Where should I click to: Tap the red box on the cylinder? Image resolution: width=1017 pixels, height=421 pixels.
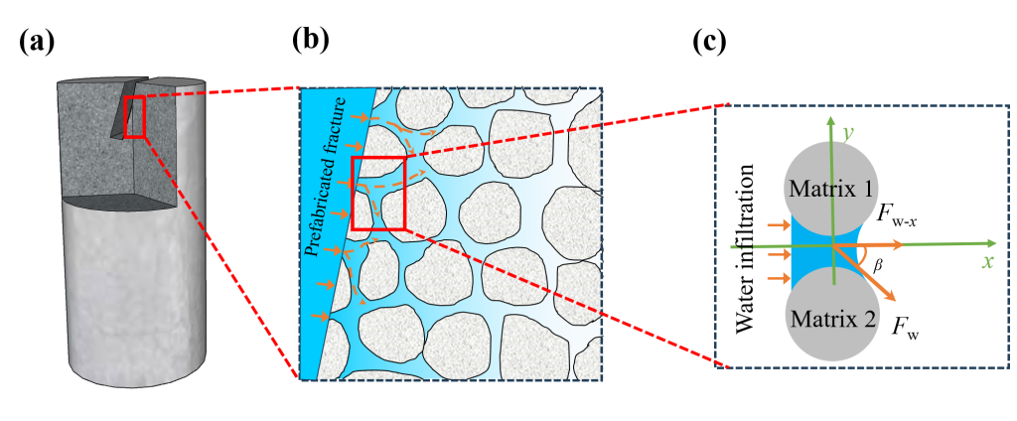click(x=135, y=117)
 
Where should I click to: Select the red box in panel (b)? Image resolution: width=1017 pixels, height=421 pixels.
click(x=378, y=194)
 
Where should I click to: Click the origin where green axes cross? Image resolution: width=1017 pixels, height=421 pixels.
click(x=832, y=247)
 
